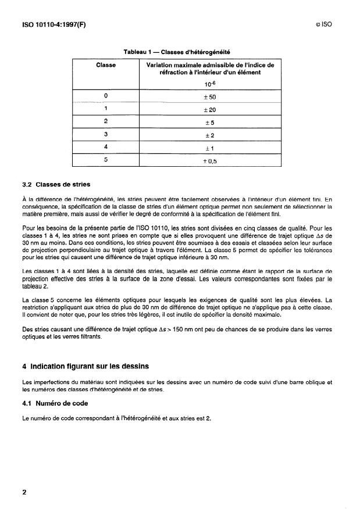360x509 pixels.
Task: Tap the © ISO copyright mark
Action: [323, 24]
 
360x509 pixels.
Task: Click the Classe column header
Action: [105, 65]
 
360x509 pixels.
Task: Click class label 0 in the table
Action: [105, 96]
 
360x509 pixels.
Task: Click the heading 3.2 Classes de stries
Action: [56, 185]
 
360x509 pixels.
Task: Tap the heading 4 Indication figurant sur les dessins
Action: [87, 366]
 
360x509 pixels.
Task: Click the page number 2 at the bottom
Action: [24, 492]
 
